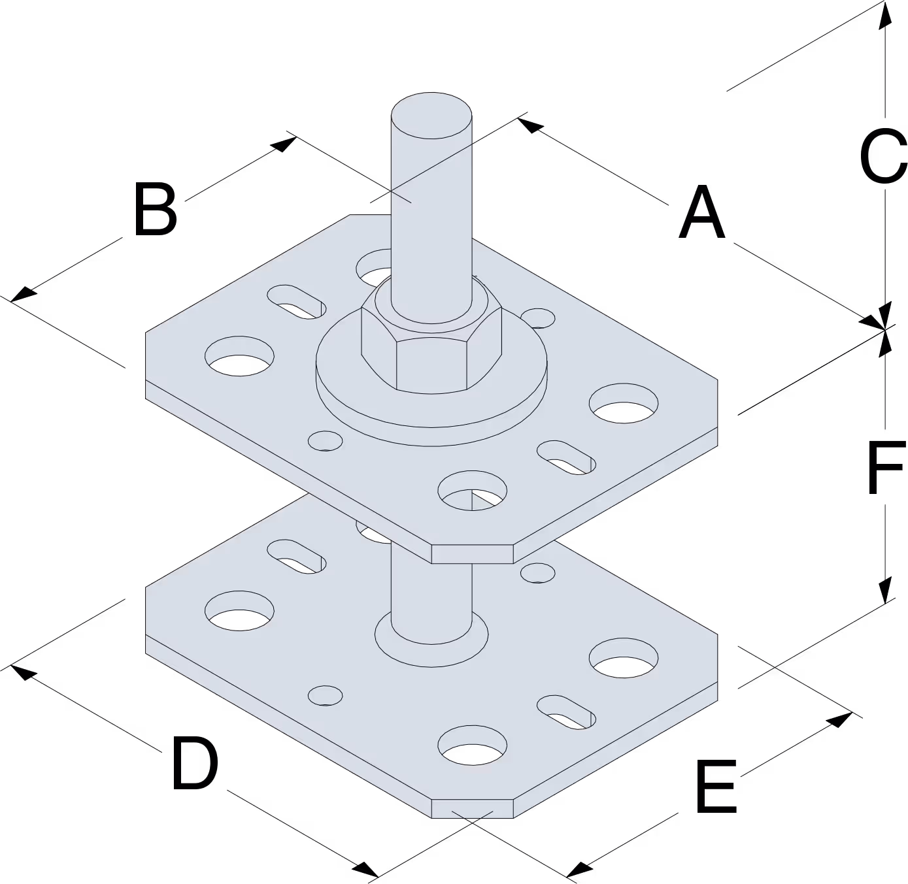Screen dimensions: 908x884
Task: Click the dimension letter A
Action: (701, 212)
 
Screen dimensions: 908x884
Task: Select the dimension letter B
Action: (156, 208)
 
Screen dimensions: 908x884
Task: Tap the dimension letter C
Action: (883, 156)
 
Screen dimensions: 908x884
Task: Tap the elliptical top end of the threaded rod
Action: (431, 115)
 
